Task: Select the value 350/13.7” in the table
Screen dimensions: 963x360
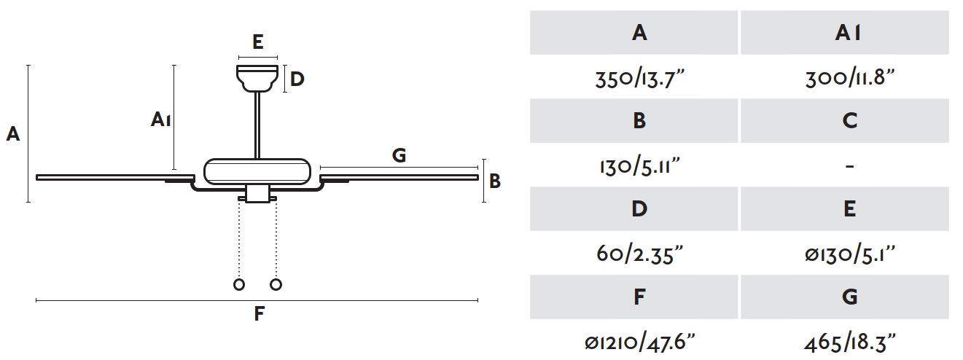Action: coord(639,79)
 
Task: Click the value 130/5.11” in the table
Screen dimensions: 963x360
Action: coord(640,166)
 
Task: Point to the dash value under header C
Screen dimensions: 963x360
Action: coord(849,165)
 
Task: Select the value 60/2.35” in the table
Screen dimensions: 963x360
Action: coord(639,254)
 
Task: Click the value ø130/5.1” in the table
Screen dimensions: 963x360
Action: coord(850,254)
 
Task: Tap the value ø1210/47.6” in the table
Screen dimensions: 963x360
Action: coord(639,343)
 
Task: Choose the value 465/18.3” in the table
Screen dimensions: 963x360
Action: coord(850,343)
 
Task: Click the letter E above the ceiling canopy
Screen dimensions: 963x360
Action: coord(257,42)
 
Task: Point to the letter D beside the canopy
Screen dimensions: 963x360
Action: coord(297,79)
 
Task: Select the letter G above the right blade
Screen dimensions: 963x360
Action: coord(399,155)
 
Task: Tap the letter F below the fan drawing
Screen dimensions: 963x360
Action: coord(258,313)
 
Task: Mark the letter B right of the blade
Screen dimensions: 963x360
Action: coord(495,181)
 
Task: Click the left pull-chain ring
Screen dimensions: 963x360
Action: coord(239,284)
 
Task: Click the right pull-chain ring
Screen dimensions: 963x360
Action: coord(276,284)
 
